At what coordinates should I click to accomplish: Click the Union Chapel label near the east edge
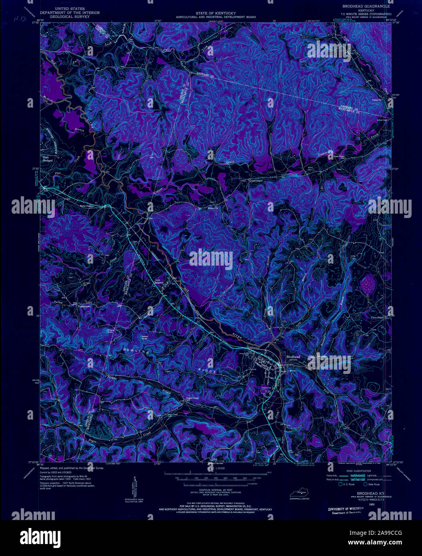click(377, 318)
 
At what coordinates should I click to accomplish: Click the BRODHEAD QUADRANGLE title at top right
click(365, 7)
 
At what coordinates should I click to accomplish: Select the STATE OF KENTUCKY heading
click(216, 14)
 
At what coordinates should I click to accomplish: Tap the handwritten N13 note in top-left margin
click(17, 18)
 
